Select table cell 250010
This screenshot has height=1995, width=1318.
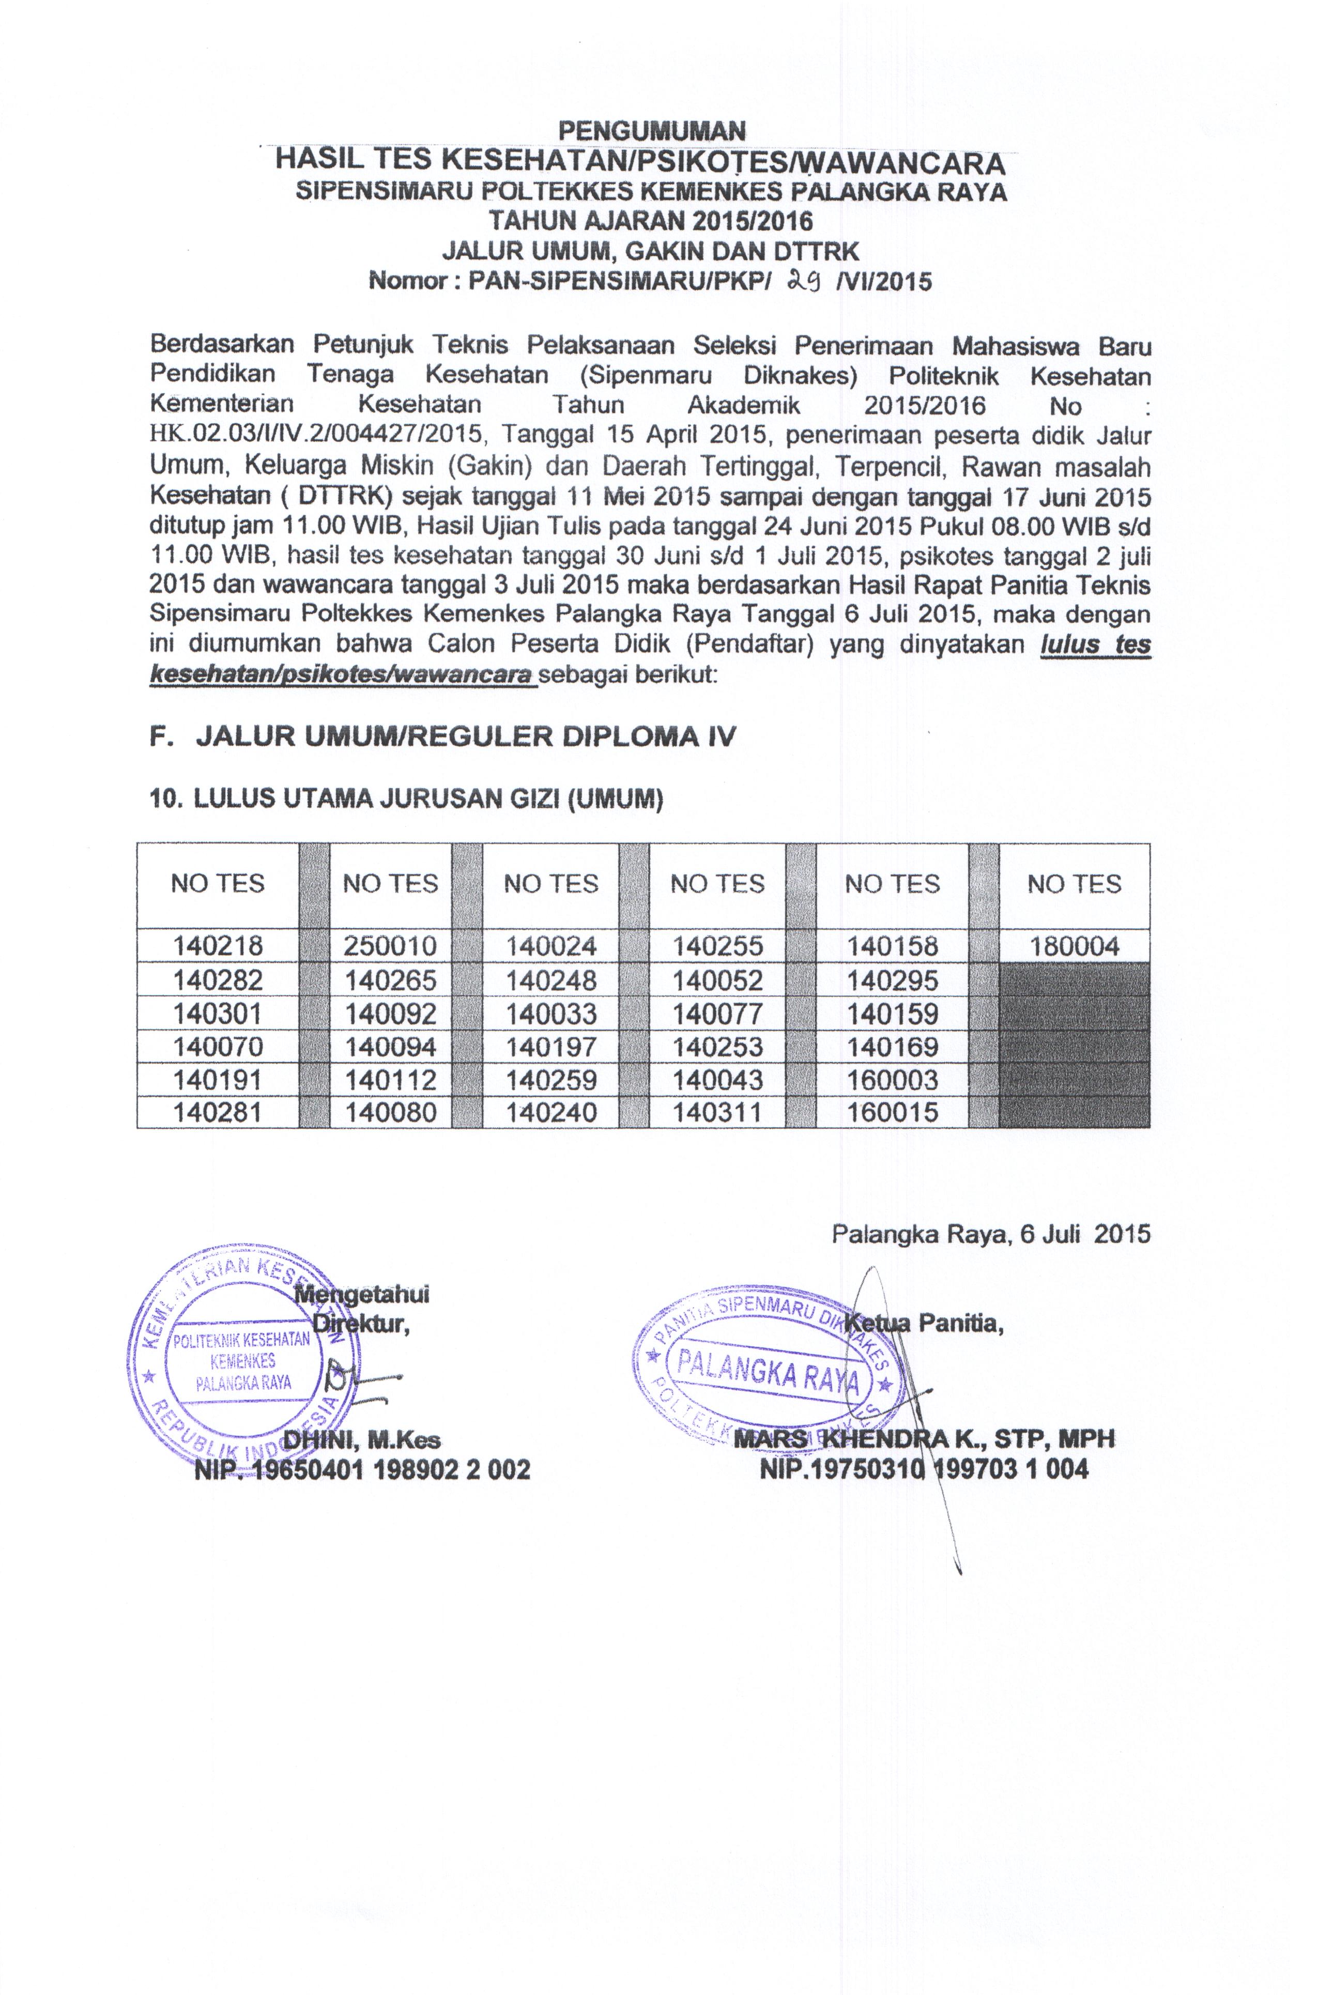390,946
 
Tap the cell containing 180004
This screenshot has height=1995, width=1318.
1074,946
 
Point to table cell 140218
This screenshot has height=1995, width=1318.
218,946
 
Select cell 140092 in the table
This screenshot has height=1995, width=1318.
390,1014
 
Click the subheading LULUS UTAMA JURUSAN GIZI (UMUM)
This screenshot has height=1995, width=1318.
406,799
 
